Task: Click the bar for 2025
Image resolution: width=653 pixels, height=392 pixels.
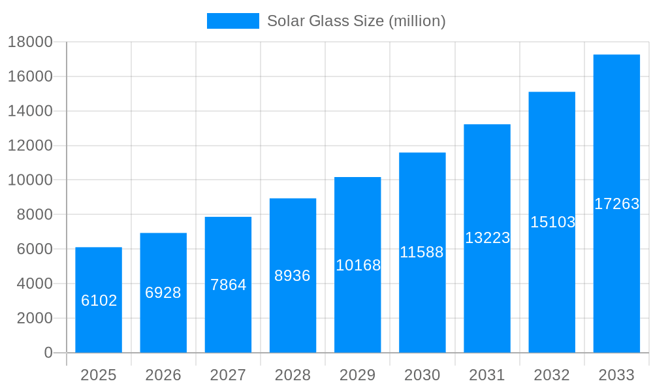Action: click(x=99, y=300)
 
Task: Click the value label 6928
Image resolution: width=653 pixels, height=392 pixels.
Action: click(x=163, y=293)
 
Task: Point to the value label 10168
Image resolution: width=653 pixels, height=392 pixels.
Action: click(x=358, y=265)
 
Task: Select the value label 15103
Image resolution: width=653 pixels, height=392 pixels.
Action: click(x=552, y=222)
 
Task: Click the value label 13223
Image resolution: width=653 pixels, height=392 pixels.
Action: click(x=487, y=238)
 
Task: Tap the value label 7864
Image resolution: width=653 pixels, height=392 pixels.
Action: click(x=228, y=285)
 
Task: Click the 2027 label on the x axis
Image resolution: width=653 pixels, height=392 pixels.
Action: click(x=228, y=375)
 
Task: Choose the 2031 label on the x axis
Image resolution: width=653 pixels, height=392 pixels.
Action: click(x=487, y=375)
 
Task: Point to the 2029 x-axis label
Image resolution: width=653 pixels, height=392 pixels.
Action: click(x=357, y=375)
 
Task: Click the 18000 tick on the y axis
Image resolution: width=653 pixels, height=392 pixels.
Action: click(x=29, y=42)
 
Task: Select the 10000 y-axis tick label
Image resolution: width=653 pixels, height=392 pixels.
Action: click(x=29, y=180)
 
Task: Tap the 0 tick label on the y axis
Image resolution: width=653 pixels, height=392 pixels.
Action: click(x=48, y=353)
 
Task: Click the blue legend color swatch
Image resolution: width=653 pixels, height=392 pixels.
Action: click(x=232, y=21)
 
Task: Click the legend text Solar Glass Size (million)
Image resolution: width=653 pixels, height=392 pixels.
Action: click(x=356, y=21)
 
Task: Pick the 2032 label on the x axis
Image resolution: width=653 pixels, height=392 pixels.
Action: click(x=552, y=375)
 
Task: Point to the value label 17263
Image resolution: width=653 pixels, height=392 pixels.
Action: click(x=616, y=204)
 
